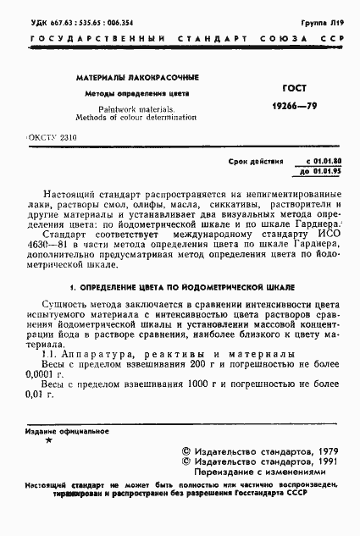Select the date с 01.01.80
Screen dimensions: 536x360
324,160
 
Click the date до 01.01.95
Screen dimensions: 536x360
324,171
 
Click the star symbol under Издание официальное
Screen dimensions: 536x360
48,441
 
